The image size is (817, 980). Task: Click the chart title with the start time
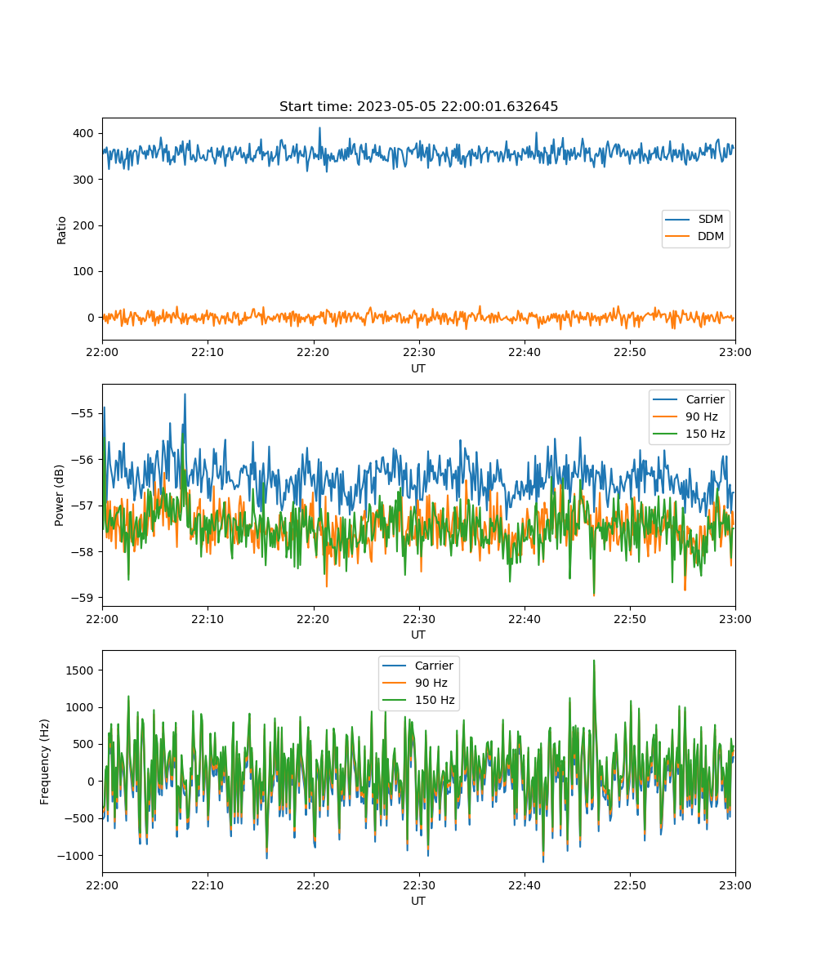coord(418,106)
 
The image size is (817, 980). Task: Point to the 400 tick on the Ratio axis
coord(83,133)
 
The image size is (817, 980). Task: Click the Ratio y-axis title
coord(61,230)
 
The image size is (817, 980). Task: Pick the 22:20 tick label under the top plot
coord(313,352)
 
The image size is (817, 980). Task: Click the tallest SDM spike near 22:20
coord(319,127)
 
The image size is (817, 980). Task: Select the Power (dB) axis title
coord(59,495)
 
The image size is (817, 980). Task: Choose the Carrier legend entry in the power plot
coord(689,399)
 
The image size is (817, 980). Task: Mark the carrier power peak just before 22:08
coord(185,394)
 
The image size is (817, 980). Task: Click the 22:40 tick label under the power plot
coord(525,619)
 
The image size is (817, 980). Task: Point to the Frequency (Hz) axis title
coord(45,762)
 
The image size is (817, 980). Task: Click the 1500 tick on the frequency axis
coord(79,670)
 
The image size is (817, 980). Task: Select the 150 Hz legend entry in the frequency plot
coord(418,700)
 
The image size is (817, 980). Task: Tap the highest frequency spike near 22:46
coord(594,661)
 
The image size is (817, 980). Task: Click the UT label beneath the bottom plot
coord(417,901)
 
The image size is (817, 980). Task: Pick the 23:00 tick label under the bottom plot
coord(735,885)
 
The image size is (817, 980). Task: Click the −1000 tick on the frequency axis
coord(76,856)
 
